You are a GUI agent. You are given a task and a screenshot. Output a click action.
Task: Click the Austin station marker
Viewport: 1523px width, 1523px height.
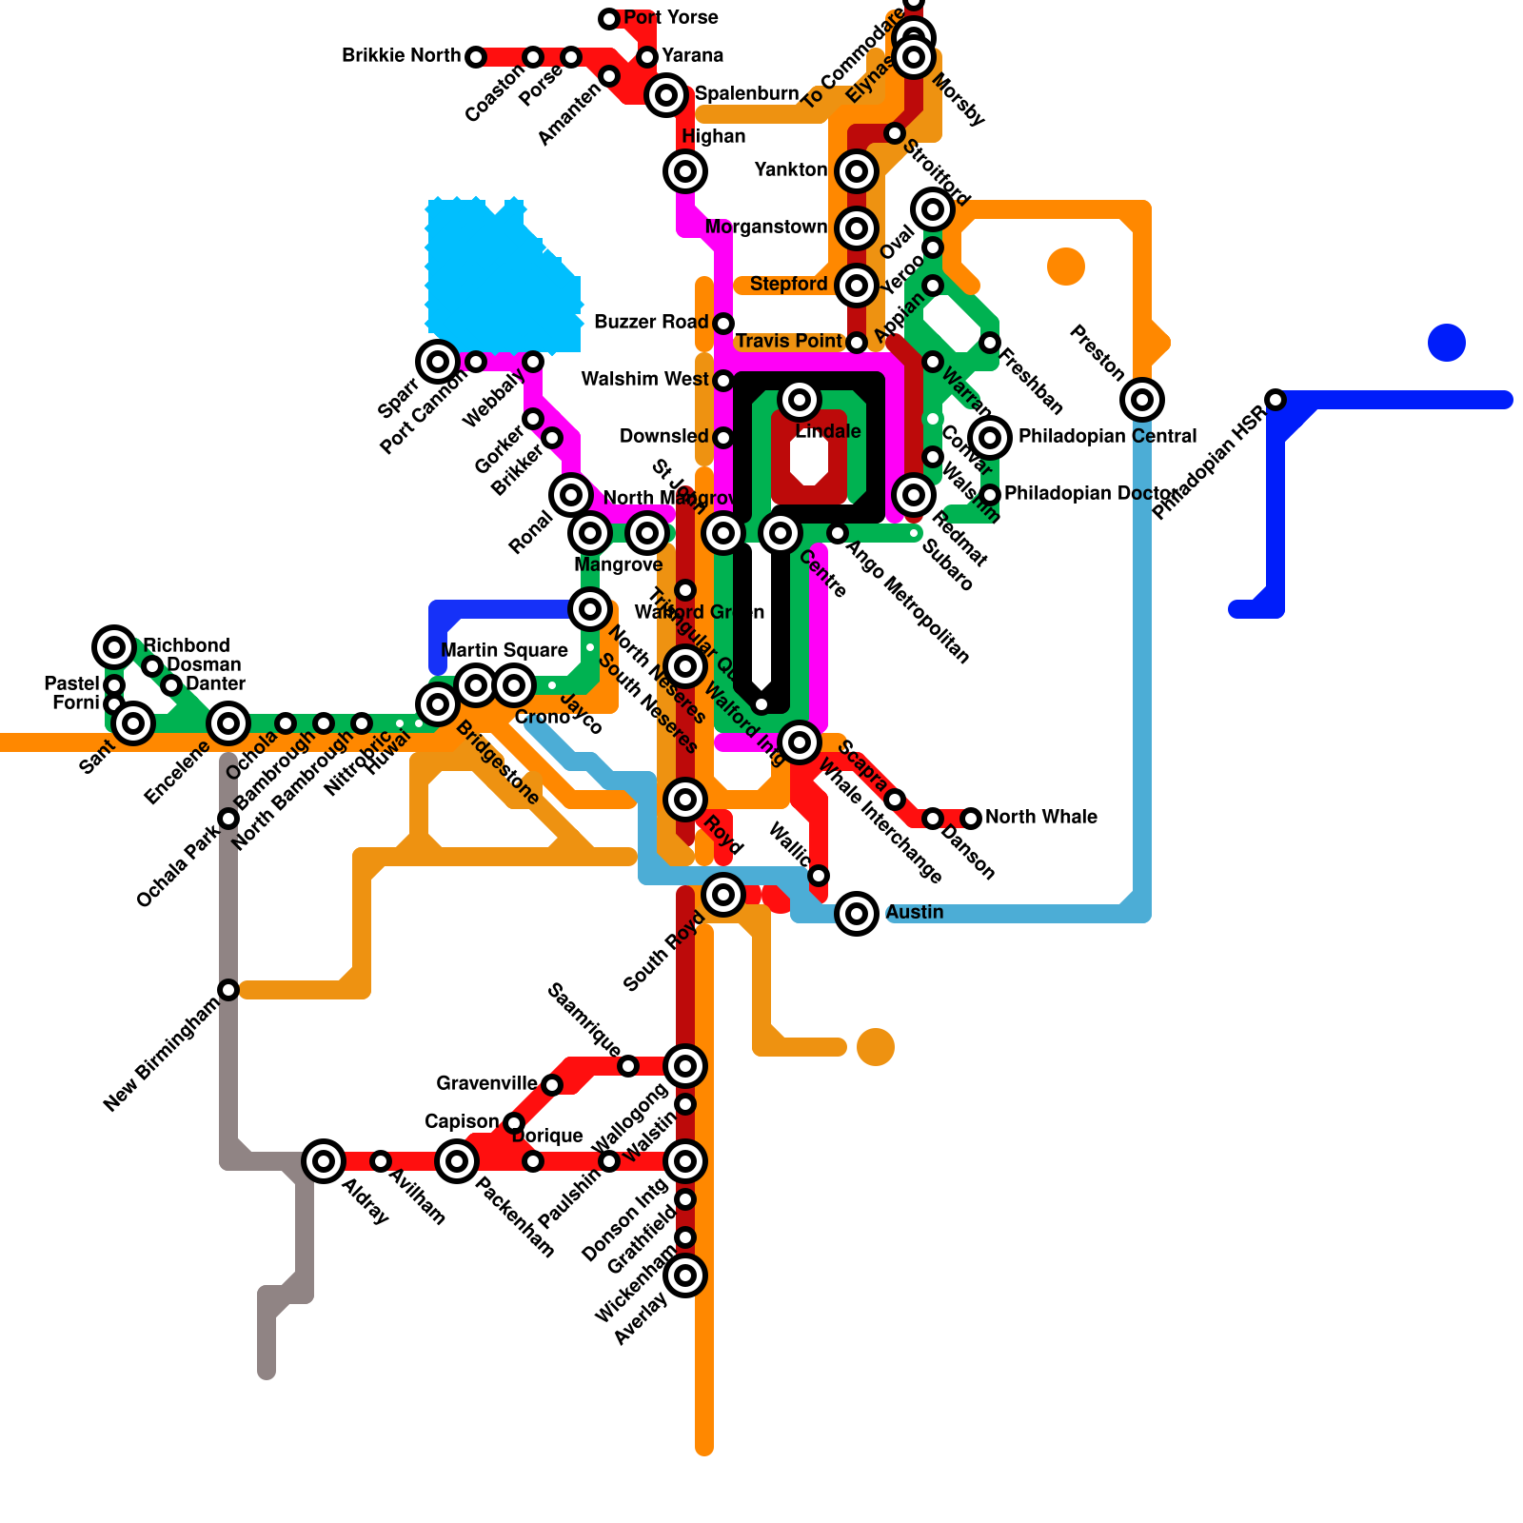857,914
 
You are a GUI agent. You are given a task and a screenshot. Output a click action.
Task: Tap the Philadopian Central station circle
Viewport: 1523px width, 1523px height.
990,438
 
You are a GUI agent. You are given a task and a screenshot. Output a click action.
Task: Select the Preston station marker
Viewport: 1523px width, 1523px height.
1142,400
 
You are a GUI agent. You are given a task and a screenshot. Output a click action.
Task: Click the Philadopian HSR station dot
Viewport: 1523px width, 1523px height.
1276,400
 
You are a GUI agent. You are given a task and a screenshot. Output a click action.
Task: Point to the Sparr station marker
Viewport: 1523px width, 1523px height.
438,362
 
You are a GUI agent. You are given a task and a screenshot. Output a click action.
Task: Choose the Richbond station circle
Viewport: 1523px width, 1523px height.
114,647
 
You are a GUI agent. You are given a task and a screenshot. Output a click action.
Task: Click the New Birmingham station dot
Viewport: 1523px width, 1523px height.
228,990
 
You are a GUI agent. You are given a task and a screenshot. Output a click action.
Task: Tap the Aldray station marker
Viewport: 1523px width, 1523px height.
324,1161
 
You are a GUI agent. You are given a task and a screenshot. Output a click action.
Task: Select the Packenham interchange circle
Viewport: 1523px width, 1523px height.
457,1161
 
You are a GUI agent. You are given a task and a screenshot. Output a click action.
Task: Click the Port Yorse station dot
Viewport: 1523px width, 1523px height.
609,19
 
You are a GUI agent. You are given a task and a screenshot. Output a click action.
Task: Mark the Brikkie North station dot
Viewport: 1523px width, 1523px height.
476,57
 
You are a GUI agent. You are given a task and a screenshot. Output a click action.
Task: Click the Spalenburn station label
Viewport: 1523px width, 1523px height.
746,93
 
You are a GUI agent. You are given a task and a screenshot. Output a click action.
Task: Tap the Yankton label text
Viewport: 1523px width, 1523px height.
790,169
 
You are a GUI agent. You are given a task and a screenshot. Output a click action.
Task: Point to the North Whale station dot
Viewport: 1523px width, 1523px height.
971,819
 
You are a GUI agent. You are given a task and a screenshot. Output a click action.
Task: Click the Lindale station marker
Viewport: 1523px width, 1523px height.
800,400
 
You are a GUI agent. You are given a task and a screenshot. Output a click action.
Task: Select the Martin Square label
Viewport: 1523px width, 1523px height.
504,650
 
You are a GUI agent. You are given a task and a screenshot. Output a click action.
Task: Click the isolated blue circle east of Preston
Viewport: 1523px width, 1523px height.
1447,343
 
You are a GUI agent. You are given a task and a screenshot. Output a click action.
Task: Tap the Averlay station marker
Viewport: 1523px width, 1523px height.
685,1276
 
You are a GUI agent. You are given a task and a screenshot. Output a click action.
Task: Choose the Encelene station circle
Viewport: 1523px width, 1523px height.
228,723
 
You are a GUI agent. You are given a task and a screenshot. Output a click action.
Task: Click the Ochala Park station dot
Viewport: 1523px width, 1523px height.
228,819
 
